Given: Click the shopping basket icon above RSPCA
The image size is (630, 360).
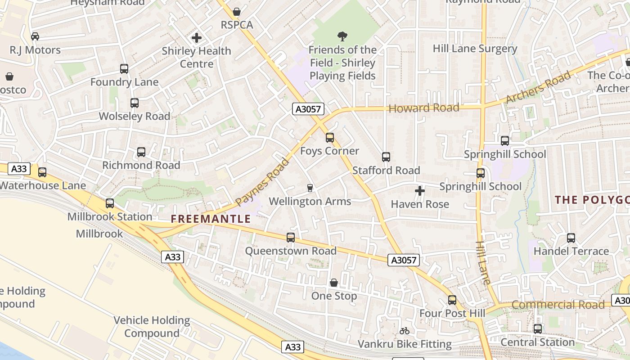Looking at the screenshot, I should click(237, 12).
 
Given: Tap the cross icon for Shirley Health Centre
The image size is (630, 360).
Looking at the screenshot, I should click(197, 38).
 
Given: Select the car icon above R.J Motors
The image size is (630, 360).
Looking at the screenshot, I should click(35, 36).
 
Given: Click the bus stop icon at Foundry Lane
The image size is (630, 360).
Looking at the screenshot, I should click(124, 69).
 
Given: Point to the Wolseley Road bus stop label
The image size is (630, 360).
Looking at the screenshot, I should click(134, 116).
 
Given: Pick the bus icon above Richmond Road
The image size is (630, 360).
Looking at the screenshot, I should click(141, 152).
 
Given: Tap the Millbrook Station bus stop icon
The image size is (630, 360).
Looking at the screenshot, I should click(110, 203).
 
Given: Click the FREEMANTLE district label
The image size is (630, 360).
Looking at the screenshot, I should click(211, 219).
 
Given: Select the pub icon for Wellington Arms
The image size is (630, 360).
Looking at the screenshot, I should click(310, 188).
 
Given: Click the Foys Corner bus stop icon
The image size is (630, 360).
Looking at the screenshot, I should click(330, 138).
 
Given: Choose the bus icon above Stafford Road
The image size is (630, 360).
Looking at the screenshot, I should click(386, 157).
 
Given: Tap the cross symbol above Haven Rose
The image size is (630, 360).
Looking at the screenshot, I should click(420, 191).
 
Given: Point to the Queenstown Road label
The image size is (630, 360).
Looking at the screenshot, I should click(291, 251).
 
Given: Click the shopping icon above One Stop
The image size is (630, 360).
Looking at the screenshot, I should click(334, 283).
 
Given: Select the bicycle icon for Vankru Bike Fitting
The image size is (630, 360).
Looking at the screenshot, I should click(405, 331).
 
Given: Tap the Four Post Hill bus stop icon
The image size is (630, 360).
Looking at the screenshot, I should click(452, 300).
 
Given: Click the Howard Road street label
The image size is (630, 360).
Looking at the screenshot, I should click(423, 108).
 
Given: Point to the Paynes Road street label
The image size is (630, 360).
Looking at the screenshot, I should click(262, 182).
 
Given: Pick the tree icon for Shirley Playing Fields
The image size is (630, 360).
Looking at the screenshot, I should click(342, 36).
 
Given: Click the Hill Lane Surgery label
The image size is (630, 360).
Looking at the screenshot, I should click(475, 49).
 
